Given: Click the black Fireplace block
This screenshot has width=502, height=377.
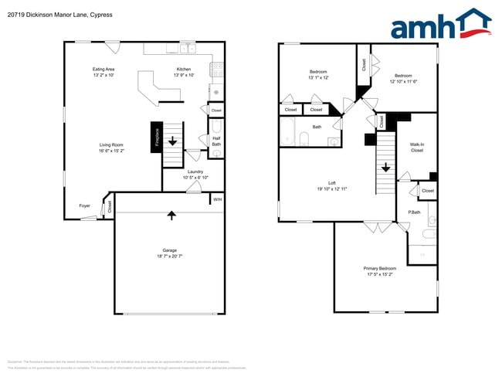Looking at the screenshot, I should tap(156, 138).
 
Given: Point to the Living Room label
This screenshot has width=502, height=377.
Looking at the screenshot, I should tap(111, 144).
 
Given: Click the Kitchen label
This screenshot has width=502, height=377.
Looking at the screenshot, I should tap(183, 69).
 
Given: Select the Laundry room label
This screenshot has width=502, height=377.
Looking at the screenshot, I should tap(195, 172).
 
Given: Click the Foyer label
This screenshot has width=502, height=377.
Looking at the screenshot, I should tap(84, 205).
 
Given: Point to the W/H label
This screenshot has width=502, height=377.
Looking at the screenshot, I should tap(218, 199).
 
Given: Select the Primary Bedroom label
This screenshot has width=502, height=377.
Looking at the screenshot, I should tap(379, 268).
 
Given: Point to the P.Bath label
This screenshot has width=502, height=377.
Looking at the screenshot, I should tap(414, 212).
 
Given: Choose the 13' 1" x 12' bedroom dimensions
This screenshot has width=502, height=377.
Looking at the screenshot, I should tap(318, 77).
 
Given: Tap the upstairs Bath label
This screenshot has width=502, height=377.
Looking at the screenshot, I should tap(317, 127).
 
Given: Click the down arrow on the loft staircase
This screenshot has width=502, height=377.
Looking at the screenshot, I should tap(385, 168).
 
